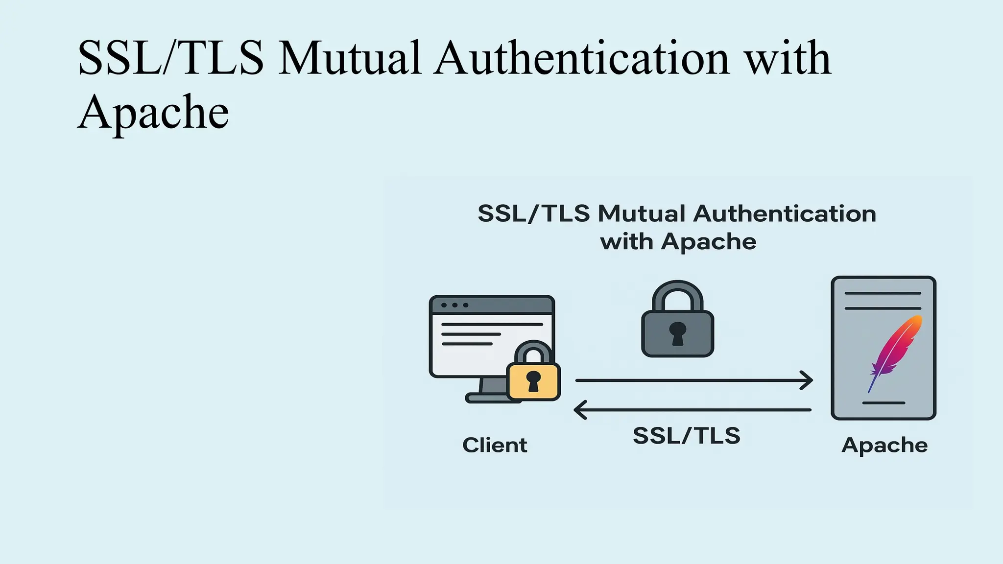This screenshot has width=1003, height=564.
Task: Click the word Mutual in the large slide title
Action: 350,59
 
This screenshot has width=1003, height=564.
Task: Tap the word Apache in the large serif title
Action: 153,113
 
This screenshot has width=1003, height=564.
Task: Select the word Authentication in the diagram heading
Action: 785,214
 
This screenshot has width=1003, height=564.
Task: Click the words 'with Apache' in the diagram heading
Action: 678,242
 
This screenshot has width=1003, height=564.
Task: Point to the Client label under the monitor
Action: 495,446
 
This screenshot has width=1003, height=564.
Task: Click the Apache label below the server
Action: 884,446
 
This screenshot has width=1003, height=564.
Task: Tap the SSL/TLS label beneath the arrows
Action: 686,436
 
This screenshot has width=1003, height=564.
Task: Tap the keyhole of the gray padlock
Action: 678,333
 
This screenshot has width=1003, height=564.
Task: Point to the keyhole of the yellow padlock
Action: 533,381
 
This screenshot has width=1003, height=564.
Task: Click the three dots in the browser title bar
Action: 454,305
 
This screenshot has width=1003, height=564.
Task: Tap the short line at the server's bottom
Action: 884,403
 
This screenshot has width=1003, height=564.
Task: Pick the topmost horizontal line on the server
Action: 883,293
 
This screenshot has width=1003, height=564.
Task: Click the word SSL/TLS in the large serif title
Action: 170,59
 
